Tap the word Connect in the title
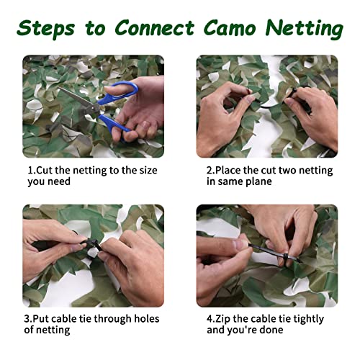click(155, 28)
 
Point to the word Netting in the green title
click(305, 28)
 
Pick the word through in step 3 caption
click(107, 318)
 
